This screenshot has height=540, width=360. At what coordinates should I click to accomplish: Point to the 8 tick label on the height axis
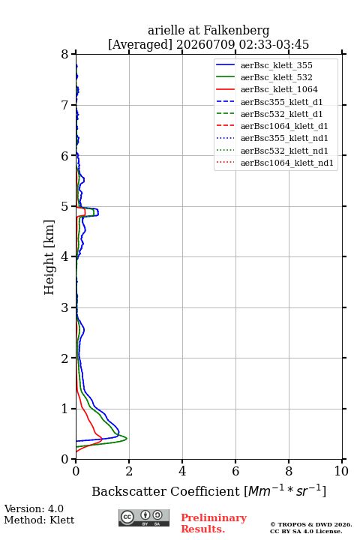pyautogui.click(x=65, y=55)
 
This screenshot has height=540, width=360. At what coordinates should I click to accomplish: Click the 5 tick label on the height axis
pyautogui.click(x=65, y=207)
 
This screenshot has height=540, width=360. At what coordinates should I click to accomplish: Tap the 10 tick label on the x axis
pyautogui.click(x=341, y=471)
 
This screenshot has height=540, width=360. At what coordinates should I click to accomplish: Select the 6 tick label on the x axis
pyautogui.click(x=235, y=471)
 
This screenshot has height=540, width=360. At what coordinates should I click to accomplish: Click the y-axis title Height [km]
pyautogui.click(x=49, y=257)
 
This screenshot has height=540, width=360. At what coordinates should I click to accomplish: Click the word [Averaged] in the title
pyautogui.click(x=139, y=45)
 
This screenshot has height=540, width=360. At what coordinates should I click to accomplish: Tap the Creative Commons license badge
pyautogui.click(x=144, y=517)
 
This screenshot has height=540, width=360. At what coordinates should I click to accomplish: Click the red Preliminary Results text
pyautogui.click(x=214, y=523)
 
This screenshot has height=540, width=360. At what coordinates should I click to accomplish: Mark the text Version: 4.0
pyautogui.click(x=34, y=508)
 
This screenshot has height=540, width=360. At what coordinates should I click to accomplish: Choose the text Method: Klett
pyautogui.click(x=39, y=520)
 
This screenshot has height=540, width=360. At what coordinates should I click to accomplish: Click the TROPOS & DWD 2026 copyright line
pyautogui.click(x=311, y=524)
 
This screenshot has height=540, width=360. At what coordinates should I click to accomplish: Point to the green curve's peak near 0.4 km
pyautogui.click(x=127, y=439)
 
